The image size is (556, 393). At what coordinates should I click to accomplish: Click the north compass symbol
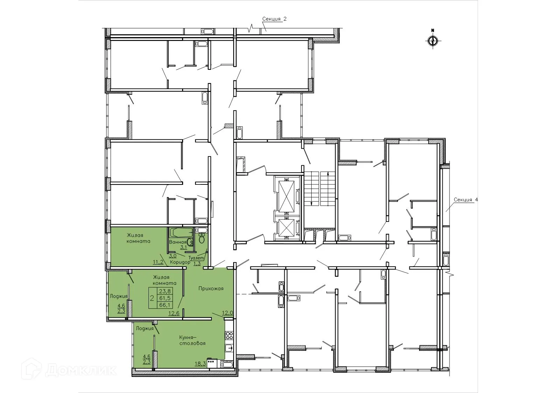point(433,41)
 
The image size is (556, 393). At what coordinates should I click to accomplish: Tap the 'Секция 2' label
point(274,19)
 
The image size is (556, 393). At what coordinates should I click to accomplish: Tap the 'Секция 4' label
point(466,200)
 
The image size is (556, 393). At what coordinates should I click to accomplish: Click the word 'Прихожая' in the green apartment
point(211,289)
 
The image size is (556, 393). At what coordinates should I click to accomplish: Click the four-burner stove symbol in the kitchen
point(229,335)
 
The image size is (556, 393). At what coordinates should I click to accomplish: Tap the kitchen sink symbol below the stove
point(229,348)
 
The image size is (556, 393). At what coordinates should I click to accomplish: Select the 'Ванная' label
point(178,242)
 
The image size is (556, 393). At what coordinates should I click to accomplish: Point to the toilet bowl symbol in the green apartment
point(202,239)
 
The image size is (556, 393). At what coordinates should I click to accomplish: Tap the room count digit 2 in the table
point(152,298)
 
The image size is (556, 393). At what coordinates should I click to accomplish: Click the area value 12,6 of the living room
point(174,313)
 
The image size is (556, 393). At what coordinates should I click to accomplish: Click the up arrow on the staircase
point(328,174)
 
